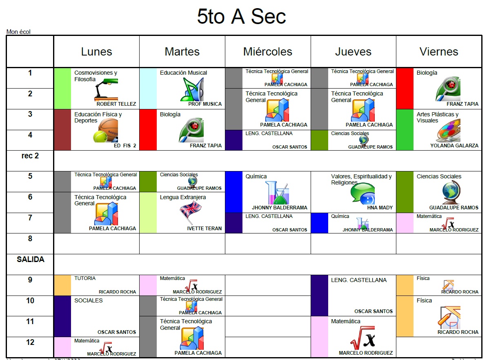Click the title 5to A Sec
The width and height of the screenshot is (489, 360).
click(241, 17)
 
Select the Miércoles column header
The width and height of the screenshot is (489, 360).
click(268, 52)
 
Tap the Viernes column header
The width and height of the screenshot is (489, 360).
click(439, 52)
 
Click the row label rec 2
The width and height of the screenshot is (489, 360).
click(30, 156)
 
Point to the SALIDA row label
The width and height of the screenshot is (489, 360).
click(30, 260)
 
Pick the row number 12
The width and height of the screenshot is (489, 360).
click(30, 342)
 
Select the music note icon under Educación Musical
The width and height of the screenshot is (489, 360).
click(192, 89)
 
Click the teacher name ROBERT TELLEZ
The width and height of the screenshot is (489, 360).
click(116, 104)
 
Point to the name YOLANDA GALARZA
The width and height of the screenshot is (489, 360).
click(454, 146)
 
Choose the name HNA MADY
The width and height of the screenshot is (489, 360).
click(380, 208)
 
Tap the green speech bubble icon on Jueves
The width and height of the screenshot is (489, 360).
click(363, 193)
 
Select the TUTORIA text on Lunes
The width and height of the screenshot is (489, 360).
click(85, 278)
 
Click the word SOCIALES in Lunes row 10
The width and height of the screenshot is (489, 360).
click(89, 300)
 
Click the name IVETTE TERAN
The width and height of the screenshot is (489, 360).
click(204, 229)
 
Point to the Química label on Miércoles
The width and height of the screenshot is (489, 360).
click(256, 176)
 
